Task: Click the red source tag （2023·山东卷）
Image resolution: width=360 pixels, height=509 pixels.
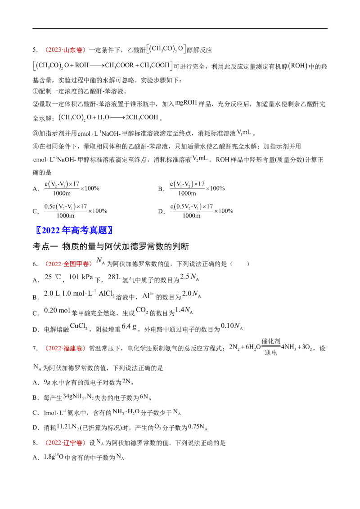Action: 65,50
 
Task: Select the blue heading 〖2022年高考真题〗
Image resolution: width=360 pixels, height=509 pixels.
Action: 74,230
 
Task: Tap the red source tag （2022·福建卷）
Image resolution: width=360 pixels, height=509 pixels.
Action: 65,348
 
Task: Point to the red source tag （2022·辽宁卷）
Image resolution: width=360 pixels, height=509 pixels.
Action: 65,443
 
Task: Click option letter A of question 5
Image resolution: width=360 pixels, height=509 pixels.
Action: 36,189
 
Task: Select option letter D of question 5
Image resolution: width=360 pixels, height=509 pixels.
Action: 161,211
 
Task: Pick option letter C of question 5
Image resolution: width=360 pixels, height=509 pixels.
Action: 36,211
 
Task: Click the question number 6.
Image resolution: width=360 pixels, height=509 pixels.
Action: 35,264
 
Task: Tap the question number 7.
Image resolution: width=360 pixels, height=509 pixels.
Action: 35,348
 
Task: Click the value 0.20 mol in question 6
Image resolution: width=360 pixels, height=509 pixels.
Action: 57,310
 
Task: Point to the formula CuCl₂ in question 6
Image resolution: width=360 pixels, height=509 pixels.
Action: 79,326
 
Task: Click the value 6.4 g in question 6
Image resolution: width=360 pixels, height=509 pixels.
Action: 129,326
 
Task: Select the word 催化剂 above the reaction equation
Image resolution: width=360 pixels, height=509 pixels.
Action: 271,341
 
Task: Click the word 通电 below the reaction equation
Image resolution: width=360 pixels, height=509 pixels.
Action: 270,353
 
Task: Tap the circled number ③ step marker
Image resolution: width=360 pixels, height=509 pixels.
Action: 36,133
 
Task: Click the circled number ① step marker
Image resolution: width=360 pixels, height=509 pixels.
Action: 36,91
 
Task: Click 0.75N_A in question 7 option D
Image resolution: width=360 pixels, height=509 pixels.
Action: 198,427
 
